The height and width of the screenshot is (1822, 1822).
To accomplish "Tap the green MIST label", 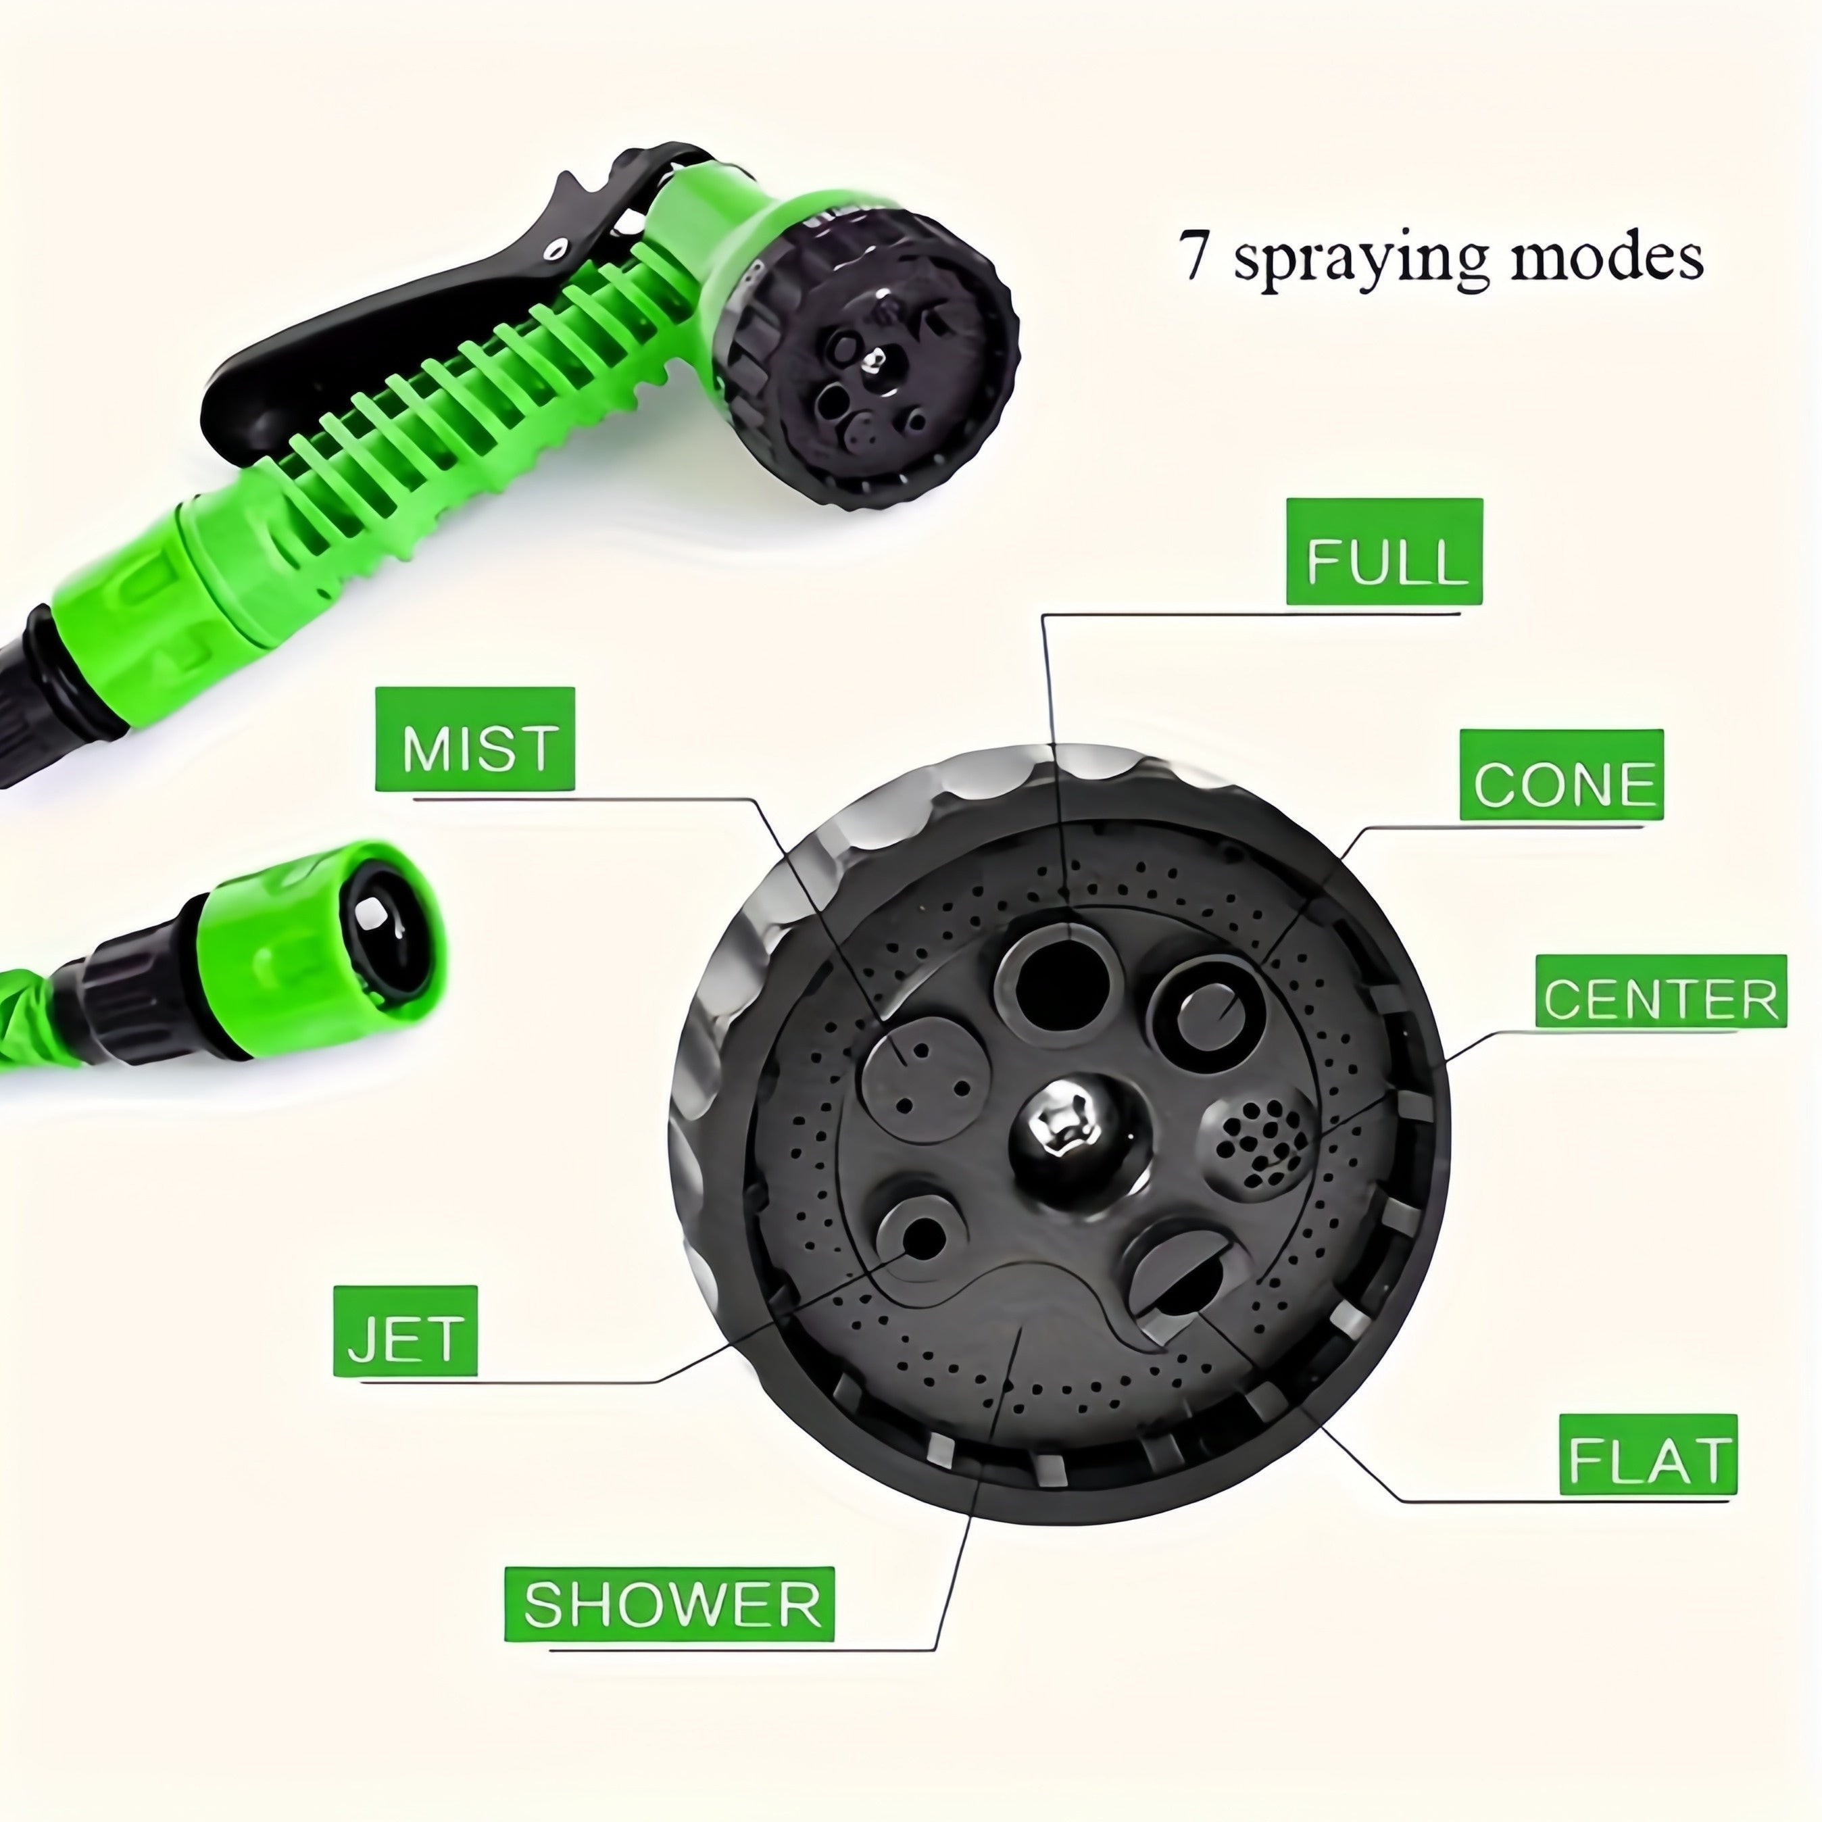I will [474, 739].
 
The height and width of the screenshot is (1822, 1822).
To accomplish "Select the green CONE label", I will [1560, 774].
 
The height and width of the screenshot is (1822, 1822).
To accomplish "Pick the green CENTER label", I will [1660, 991].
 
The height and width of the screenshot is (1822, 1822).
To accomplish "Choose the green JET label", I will [405, 1331].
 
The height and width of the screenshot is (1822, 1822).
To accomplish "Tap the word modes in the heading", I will [1607, 257].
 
